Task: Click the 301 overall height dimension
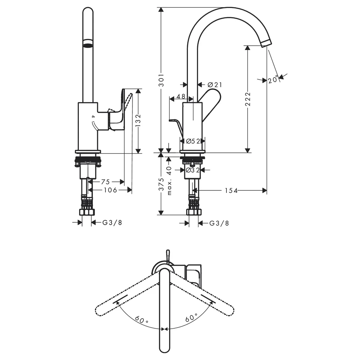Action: coord(162,80)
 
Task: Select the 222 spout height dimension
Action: coord(248,99)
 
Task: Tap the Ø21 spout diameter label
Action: coord(215,85)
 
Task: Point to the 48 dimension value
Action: coord(181,96)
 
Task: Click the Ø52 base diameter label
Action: coord(193,141)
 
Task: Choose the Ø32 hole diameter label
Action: coord(193,170)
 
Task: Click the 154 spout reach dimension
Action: coord(231,190)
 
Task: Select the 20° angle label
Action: coord(273,80)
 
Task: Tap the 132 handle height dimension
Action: coord(138,121)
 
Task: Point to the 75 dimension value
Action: coord(105,182)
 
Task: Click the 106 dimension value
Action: coord(111,190)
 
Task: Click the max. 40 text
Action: coord(169,180)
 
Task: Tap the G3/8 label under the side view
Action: coord(219,223)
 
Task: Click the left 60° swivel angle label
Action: coord(141,319)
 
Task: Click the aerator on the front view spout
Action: coord(88,43)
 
